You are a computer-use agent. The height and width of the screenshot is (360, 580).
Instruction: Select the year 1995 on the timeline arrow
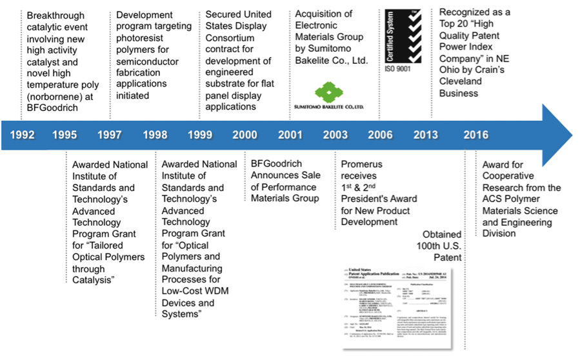(x=65, y=135)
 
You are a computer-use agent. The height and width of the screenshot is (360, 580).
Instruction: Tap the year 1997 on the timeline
(x=110, y=135)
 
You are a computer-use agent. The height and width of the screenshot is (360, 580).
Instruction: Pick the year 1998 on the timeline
(x=155, y=135)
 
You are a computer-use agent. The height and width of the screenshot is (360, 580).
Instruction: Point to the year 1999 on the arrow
(x=200, y=135)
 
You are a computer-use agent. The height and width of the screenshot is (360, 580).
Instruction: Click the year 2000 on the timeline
(x=245, y=135)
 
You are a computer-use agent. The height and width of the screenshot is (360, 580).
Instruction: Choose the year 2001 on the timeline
(x=290, y=135)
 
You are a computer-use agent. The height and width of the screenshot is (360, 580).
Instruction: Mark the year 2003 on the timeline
(x=335, y=135)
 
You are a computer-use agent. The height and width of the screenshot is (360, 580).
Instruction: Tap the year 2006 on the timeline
(x=381, y=135)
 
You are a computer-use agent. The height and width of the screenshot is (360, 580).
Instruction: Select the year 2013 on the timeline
(x=426, y=135)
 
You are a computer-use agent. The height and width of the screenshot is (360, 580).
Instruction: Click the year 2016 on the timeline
(x=475, y=135)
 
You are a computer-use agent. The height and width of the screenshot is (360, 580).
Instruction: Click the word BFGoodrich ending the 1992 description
(x=52, y=108)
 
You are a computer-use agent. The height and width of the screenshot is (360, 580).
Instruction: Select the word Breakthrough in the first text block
(x=56, y=15)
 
